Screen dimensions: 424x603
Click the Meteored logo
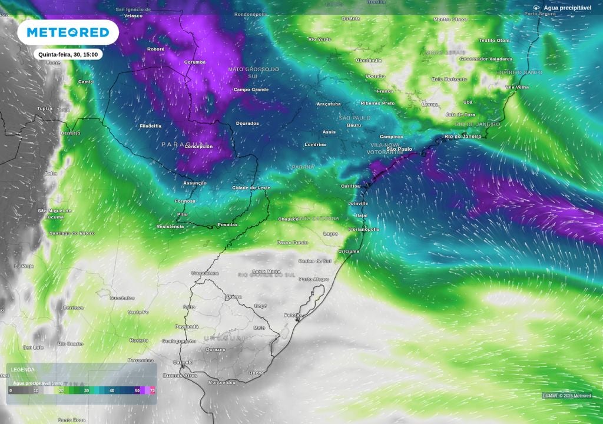68,32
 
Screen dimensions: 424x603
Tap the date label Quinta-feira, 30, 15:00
70,54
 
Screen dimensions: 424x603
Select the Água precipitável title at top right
567,8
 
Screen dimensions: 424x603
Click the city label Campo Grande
251,90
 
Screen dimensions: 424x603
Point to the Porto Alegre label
313,279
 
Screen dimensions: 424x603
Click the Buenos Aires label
180,375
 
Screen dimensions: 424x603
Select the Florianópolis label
363,229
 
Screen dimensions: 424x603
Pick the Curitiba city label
350,186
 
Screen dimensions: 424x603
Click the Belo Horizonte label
449,79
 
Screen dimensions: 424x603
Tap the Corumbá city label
194,62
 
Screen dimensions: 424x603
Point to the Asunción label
195,183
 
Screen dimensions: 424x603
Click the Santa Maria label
266,271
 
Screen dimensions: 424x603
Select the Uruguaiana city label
205,273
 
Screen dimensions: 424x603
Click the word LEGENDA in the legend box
23,369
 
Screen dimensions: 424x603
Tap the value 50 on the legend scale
137,390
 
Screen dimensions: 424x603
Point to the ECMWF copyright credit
566,395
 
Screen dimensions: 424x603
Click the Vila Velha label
518,87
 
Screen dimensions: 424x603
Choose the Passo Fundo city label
292,243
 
